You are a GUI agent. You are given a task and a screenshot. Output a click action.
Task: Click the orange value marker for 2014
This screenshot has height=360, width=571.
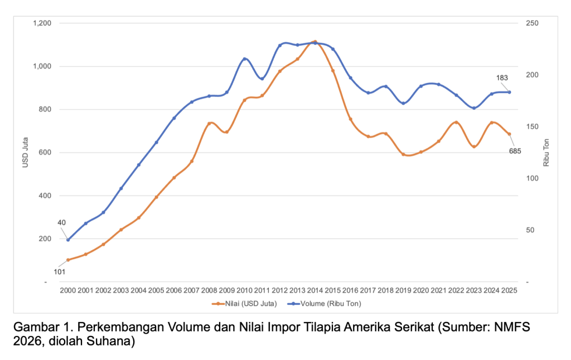[315, 42]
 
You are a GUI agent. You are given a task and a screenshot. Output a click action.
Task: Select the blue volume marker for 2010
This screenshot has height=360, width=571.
[244, 59]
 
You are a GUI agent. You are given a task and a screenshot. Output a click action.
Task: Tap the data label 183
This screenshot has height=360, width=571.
[502, 78]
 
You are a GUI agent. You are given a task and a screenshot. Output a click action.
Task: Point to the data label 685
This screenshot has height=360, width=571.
[515, 151]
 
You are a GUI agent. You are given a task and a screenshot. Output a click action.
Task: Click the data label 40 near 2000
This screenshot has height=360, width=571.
[61, 222]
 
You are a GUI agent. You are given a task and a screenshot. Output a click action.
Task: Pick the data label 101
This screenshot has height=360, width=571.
[59, 271]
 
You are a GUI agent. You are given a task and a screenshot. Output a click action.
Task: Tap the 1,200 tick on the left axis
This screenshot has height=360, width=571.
[42, 23]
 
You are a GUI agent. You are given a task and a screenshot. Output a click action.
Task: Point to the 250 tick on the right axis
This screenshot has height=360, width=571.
[532, 23]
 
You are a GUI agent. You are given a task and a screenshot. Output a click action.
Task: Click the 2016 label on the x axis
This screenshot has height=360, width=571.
[350, 290]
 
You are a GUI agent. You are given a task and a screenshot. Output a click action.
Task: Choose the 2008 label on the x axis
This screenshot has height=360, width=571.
[209, 290]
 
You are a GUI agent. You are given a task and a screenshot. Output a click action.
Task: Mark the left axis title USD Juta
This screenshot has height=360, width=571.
[25, 152]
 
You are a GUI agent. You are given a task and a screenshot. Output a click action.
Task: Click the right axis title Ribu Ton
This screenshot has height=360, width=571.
[546, 153]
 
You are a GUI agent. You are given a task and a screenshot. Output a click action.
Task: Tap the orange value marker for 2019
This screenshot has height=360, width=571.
[403, 154]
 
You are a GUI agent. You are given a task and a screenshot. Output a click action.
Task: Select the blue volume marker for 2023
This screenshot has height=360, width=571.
[474, 108]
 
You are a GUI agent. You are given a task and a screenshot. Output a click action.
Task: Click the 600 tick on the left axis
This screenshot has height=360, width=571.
[45, 153]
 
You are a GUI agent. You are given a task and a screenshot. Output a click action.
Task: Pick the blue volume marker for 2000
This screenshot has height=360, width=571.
[68, 240]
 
